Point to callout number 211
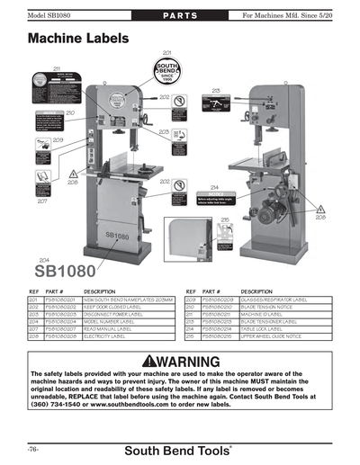(56, 68)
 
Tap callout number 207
(42, 201)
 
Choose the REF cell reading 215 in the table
(191, 339)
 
